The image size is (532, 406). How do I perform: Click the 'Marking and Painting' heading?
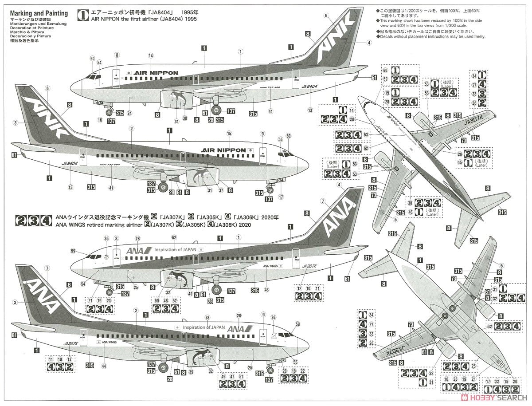tap(39, 13)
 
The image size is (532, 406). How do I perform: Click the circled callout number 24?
tap(129, 113)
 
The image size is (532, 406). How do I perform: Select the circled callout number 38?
tap(185, 118)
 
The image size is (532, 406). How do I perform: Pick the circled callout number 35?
tap(106, 239)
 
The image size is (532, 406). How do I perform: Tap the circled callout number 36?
tap(274, 318)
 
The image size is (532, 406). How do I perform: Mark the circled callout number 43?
tap(266, 289)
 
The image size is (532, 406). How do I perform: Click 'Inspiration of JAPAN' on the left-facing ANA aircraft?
tap(204, 327)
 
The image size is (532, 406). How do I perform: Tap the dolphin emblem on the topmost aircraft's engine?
tap(179, 99)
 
